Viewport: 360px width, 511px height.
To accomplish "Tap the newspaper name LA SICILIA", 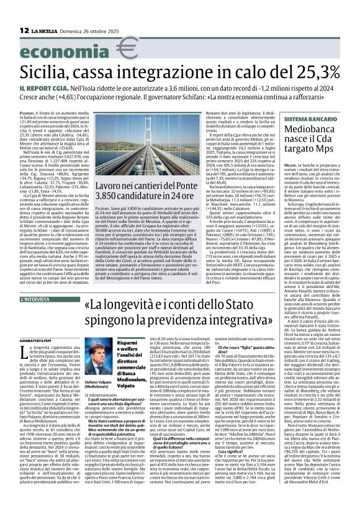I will (x=46, y=30).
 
